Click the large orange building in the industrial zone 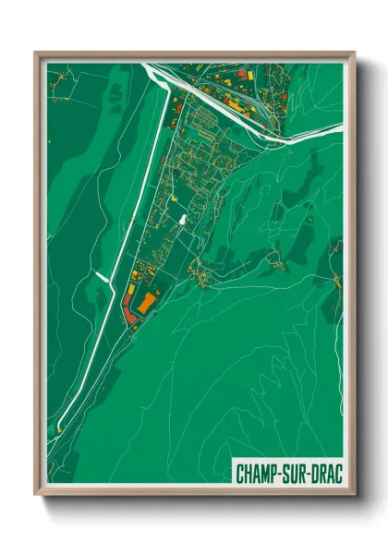145,302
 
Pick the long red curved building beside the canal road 130,310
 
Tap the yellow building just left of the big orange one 134,296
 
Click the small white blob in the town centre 182,221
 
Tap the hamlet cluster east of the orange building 196,271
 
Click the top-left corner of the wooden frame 36,53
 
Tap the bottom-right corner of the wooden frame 354,495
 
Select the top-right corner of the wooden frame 354,53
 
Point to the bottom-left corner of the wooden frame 36,495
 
